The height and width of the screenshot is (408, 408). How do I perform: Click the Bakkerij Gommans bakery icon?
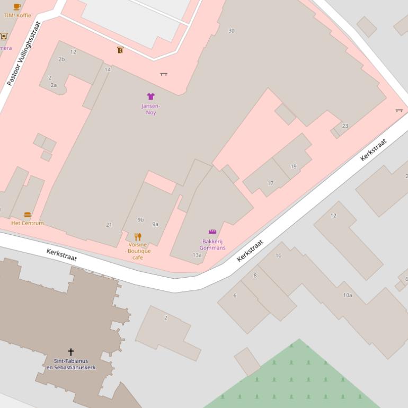(212, 232)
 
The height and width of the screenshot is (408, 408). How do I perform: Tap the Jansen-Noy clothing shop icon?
(151, 96)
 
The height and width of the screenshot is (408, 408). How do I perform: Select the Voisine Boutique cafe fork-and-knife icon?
(138, 236)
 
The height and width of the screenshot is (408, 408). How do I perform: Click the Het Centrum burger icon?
(28, 215)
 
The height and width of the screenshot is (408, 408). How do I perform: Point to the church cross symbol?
(70, 352)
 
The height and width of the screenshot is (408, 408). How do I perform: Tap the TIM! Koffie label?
(17, 15)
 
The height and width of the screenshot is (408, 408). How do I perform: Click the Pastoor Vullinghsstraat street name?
(24, 54)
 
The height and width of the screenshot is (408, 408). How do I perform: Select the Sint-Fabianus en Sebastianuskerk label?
(71, 364)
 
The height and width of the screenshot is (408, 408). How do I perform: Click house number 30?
(231, 31)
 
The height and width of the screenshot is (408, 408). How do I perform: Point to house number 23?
(345, 126)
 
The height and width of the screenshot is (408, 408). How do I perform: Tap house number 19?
(294, 166)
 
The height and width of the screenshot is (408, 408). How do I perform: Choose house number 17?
(270, 183)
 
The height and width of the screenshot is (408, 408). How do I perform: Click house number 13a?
(197, 255)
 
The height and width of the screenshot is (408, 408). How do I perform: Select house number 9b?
(140, 220)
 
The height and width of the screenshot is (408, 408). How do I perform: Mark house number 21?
(109, 225)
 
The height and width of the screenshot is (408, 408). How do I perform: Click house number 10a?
(348, 295)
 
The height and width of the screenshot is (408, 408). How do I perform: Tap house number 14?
(108, 69)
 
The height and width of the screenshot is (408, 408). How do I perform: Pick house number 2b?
(61, 59)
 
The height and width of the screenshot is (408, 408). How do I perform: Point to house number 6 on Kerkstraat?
(235, 296)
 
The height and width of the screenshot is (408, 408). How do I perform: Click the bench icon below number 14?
(164, 74)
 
